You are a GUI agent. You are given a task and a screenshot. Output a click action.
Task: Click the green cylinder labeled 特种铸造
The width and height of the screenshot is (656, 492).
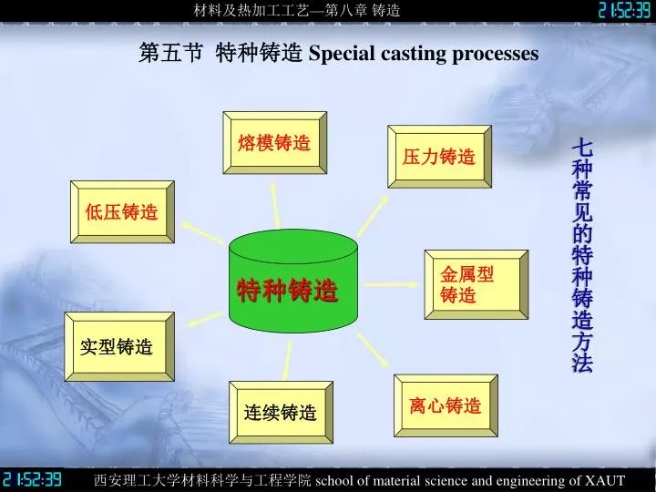[x=287, y=282]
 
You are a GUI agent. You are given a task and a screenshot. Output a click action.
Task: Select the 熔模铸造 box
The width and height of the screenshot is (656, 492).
[x=274, y=144]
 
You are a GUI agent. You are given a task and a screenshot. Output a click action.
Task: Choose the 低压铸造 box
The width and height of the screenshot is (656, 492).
[x=122, y=213]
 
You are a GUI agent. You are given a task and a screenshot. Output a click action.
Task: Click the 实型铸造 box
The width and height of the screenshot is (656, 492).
[x=116, y=347]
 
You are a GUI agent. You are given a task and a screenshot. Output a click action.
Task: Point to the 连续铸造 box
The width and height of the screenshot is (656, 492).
[x=280, y=413]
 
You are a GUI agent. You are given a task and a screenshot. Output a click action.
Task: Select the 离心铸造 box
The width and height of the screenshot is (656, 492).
[x=445, y=406]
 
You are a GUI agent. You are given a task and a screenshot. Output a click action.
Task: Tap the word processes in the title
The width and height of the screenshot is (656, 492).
[x=497, y=54]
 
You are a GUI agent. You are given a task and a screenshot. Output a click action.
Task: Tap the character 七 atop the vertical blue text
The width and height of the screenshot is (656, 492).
[x=582, y=148]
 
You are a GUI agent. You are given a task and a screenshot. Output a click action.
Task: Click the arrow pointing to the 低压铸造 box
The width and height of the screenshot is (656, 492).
[x=201, y=232]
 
